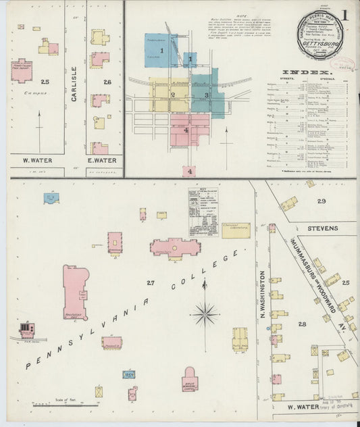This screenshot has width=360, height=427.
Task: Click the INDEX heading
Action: coord(305,72)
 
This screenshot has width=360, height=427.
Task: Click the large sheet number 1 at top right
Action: coord(344,15)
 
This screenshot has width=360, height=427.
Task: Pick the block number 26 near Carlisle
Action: coord(107,82)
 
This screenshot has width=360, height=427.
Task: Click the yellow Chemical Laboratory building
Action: coord(236,230)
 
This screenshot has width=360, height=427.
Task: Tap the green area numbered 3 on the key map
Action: coord(207,95)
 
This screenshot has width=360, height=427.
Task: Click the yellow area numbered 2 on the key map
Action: coord(173,95)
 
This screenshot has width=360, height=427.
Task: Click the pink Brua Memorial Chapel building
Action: coord(190,380)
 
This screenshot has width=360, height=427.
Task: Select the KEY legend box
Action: coord(203,211)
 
